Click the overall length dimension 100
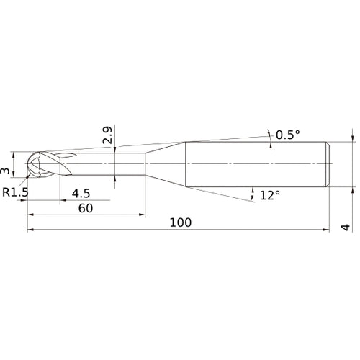pos(181,222)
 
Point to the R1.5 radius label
pos(15,192)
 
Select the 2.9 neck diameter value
pos(107,135)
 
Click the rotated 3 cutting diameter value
pos(6,171)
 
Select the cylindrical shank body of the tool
pos(256,165)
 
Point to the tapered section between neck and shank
pos(166,165)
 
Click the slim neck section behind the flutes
pos(122,165)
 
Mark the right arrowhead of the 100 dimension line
pos(328,230)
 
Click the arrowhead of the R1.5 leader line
pos(30,175)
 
